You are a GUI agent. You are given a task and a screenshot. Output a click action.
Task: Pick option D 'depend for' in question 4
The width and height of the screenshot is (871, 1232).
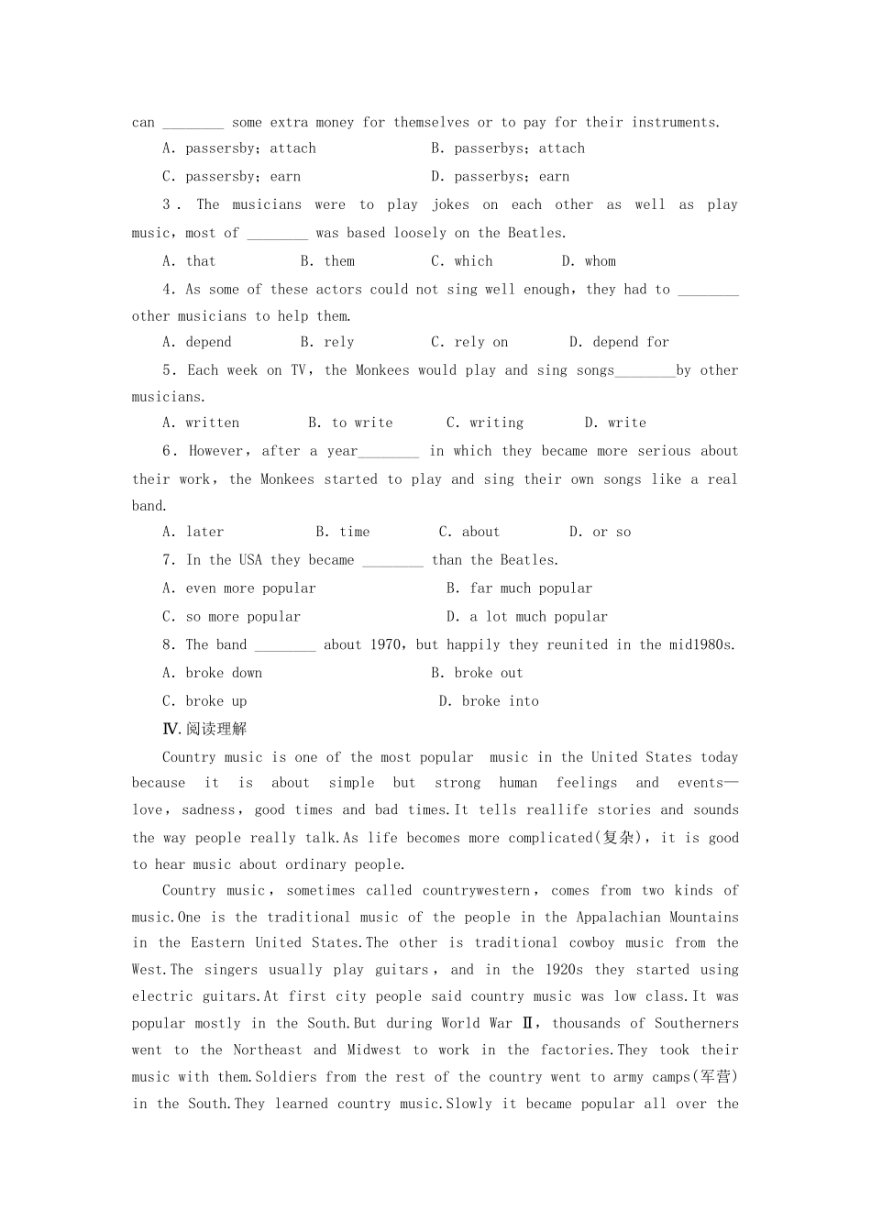(x=619, y=342)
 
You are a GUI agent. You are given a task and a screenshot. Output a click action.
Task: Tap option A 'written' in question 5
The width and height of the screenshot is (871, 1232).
(x=201, y=423)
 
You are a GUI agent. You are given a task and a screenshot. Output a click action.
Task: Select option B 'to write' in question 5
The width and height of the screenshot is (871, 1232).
(x=350, y=423)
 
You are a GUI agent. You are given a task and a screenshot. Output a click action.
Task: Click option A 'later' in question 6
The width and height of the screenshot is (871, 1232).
(x=193, y=532)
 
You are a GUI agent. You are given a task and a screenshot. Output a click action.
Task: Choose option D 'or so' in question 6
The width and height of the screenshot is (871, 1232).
(x=601, y=532)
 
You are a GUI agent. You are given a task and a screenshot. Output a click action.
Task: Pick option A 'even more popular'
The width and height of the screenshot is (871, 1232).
(x=239, y=588)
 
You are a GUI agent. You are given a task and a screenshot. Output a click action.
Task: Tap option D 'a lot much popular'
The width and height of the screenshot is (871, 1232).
(x=527, y=617)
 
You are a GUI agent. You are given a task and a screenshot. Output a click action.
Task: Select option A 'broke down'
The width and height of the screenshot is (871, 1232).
(x=213, y=673)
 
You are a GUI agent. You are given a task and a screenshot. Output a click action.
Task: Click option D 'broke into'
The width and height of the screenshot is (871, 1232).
(x=490, y=701)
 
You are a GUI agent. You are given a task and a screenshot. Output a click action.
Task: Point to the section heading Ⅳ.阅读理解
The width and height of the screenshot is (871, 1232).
(x=204, y=729)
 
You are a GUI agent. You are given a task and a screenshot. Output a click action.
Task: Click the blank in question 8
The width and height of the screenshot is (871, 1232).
(x=285, y=646)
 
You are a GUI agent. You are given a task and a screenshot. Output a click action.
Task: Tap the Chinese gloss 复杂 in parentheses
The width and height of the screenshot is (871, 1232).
(x=619, y=838)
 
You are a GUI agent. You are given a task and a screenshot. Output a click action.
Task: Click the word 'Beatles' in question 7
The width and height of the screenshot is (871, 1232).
(x=528, y=560)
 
